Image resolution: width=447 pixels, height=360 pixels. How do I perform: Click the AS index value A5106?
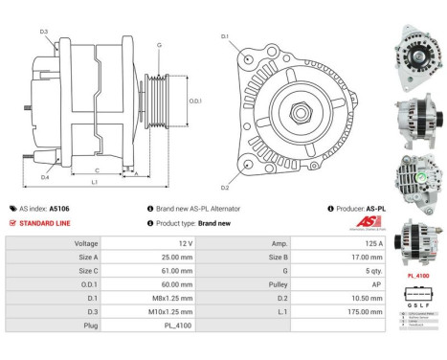click(59, 208)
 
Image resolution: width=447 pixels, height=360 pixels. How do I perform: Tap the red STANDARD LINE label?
click(43, 222)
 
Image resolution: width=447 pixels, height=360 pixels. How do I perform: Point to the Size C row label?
click(86, 271)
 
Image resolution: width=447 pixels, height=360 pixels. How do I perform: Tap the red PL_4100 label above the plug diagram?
click(418, 276)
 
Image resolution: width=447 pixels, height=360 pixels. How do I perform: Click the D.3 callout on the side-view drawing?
click(45, 33)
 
